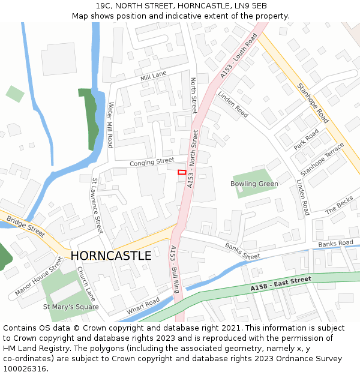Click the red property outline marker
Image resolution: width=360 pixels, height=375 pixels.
pos(182,172)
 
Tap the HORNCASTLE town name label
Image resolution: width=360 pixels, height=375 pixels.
pos(111,256)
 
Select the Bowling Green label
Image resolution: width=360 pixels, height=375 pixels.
pos(254,184)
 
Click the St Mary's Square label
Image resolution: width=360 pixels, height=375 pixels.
pos(71,307)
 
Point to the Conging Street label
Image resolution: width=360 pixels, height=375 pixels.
pos(152,162)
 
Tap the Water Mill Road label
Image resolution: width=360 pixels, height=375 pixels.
pos(110,125)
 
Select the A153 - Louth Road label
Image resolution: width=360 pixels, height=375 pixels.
pos(238,55)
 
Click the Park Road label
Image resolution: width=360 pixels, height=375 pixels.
pos(307,140)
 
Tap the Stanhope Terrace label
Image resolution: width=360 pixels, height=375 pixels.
pos(322,159)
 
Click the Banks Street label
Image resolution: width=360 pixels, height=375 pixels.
pos(242,251)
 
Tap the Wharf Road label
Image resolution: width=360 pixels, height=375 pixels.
pos(143,305)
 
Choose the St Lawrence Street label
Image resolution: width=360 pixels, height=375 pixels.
pos(97,205)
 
